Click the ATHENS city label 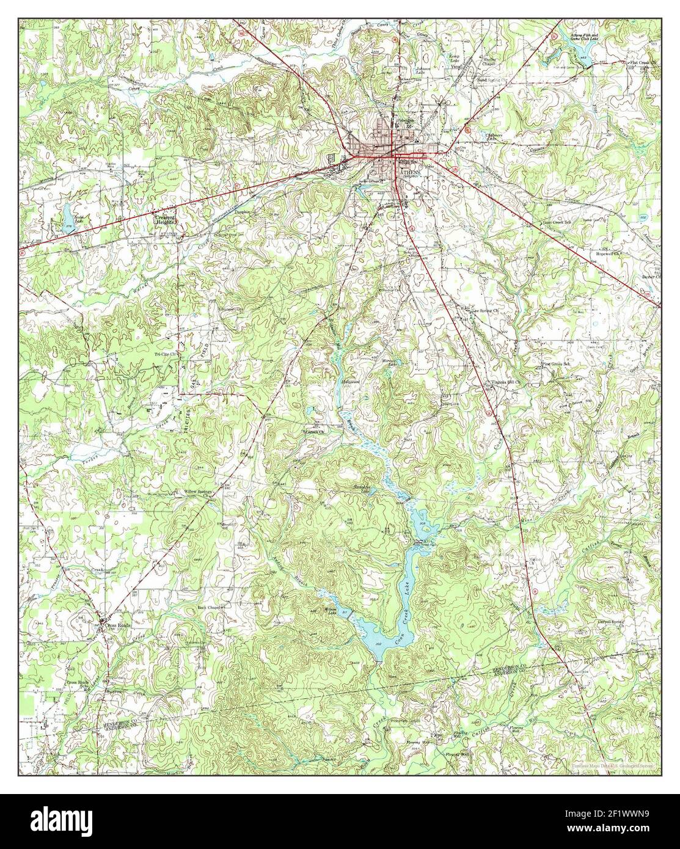(x=409, y=173)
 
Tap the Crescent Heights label (x=164, y=220)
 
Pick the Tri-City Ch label (x=164, y=354)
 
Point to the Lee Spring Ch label (x=483, y=310)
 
